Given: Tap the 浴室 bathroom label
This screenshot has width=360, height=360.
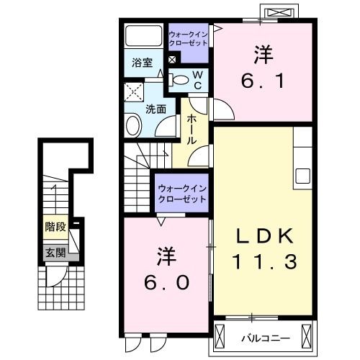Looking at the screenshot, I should click(142, 63).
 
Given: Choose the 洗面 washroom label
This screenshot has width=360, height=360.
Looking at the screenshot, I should click(156, 109).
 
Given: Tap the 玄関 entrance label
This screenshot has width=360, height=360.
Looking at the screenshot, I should click(55, 252).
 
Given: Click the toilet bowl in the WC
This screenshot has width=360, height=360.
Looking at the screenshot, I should click(181, 79).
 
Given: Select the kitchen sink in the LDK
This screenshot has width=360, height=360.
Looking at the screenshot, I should click(302, 176).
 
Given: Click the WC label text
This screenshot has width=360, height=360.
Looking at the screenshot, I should click(197, 80).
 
